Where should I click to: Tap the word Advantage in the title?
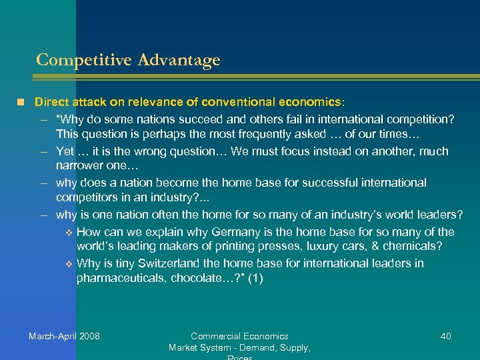click(x=178, y=60)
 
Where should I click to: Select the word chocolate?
click(x=198, y=279)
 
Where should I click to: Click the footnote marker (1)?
click(x=255, y=279)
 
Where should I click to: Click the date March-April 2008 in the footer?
click(x=64, y=336)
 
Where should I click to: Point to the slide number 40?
click(x=446, y=336)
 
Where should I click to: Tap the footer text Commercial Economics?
click(x=239, y=336)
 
